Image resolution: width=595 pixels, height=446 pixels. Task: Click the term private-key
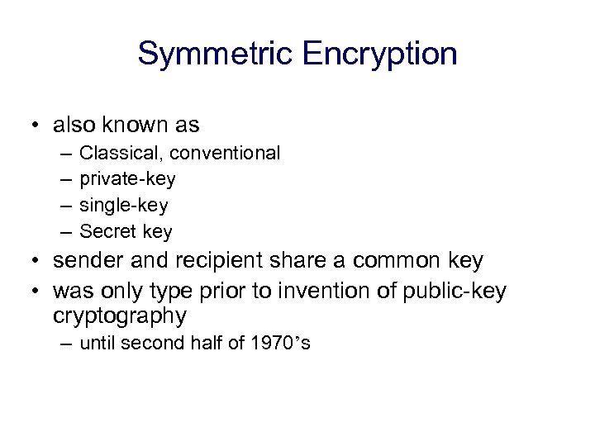pyautogui.click(x=127, y=179)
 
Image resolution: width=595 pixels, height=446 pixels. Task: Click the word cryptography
pyautogui.click(x=120, y=316)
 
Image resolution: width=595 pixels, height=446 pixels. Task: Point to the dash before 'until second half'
pyautogui.click(x=64, y=344)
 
